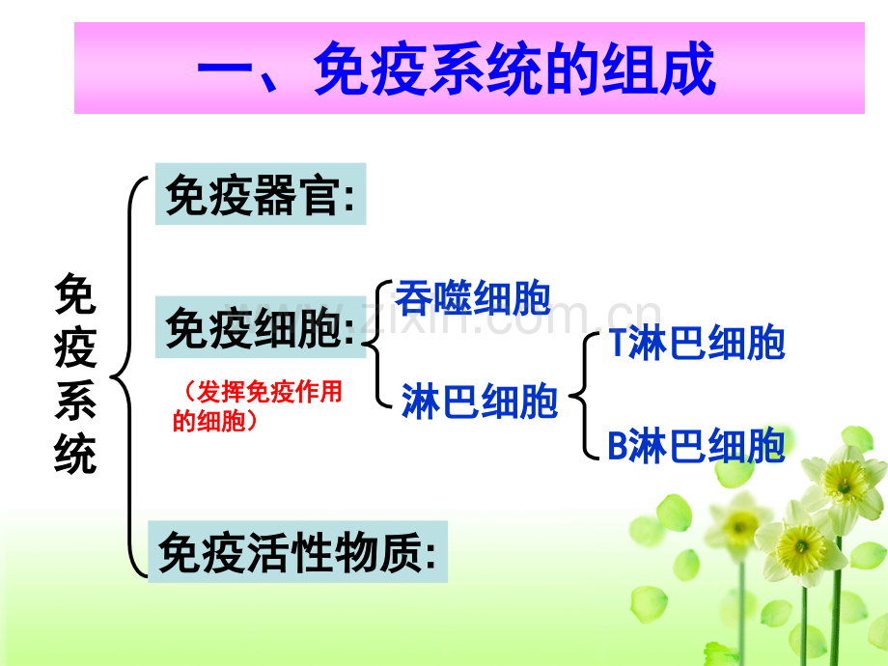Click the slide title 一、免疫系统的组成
tap(457, 69)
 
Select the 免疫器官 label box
tap(261, 194)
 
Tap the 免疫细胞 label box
tap(261, 327)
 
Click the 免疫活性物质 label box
tap(298, 551)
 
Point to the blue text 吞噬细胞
tap(473, 297)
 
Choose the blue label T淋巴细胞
tap(697, 342)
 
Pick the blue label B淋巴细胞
tap(697, 446)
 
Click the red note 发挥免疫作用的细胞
tap(258, 406)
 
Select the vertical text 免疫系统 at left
tap(75, 374)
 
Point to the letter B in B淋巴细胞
tap(618, 446)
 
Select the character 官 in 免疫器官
tap(320, 194)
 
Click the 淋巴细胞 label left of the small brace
tap(480, 401)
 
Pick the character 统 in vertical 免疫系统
tap(75, 453)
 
